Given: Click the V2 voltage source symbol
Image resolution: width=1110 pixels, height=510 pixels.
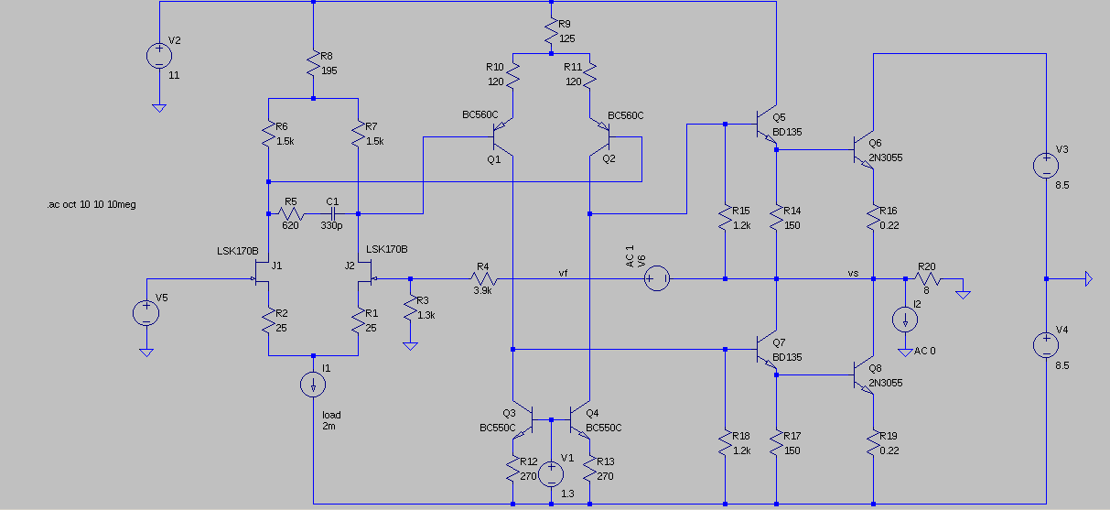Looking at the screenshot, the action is click(159, 56).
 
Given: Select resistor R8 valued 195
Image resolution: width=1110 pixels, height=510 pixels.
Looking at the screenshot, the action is click(313, 63).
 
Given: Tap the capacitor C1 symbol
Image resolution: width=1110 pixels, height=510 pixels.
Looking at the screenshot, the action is click(333, 213).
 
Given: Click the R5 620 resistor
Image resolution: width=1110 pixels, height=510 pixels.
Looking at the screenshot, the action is click(291, 213).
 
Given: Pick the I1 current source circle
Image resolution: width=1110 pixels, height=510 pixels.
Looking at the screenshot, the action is click(313, 385).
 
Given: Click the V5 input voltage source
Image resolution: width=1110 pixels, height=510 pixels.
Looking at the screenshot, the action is click(146, 313).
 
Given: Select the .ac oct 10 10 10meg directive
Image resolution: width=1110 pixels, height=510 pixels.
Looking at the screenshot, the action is click(92, 204).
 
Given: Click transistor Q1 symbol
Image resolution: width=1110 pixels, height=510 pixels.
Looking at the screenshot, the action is click(502, 136).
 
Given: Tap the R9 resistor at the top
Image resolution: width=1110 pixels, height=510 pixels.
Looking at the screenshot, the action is click(552, 31).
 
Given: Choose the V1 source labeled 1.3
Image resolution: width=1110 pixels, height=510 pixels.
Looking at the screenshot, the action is click(551, 473).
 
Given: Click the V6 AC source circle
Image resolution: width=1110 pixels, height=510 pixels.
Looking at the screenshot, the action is click(657, 278).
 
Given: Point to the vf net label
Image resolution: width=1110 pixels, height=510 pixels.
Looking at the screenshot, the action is click(563, 273).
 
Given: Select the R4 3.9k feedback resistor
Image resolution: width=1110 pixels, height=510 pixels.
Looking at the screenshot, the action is click(484, 278).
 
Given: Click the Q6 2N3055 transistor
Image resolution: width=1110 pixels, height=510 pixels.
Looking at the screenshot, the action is click(863, 149).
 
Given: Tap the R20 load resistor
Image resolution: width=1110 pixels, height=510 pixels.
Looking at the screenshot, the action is click(928, 278).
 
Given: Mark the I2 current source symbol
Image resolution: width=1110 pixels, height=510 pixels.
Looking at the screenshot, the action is click(905, 320).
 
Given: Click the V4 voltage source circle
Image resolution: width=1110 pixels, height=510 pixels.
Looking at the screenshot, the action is click(1046, 345).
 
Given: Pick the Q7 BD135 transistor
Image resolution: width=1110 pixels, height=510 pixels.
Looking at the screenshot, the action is click(766, 350).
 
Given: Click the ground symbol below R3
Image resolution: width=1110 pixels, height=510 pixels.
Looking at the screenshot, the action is click(410, 346).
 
